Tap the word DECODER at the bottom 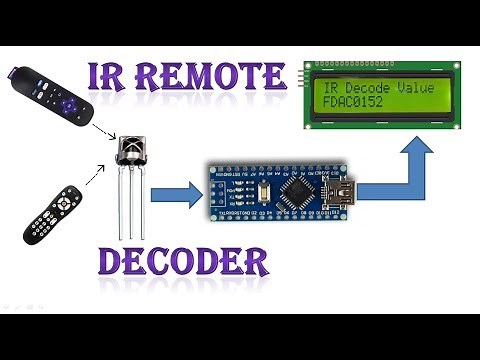[183, 263]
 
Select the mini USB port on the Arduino [347, 191]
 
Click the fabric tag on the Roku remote [18, 77]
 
